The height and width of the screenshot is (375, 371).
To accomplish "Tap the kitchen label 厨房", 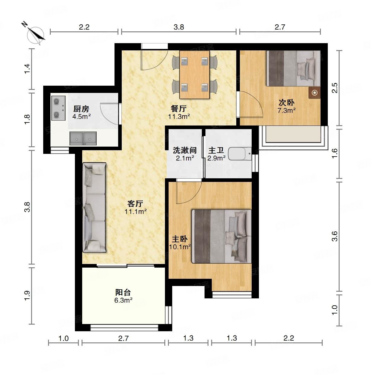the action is (x=81, y=109).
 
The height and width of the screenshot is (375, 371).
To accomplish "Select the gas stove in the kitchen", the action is (x=58, y=108).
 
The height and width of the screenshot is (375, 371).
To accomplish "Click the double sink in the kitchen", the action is (x=83, y=138).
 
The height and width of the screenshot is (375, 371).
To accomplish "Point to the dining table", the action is (x=195, y=75).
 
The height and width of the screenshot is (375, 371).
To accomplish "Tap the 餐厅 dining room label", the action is (x=179, y=108).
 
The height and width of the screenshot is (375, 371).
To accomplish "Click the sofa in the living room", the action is (x=94, y=208).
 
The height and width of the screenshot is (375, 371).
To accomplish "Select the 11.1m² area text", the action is (x=135, y=211).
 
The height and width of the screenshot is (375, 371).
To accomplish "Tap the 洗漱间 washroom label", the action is (x=185, y=150).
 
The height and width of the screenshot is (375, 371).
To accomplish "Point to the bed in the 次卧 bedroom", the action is (x=293, y=68).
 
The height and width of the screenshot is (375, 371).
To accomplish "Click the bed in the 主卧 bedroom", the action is (x=222, y=237).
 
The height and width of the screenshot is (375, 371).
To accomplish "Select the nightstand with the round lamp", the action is (x=315, y=93).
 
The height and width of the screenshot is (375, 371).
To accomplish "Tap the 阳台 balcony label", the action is (x=123, y=292).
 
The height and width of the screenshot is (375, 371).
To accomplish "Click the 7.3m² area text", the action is (x=287, y=110).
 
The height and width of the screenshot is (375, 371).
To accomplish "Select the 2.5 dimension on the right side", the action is (x=334, y=88).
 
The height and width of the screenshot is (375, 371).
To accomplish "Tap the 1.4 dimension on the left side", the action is (x=27, y=69).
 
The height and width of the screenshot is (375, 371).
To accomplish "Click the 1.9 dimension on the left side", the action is (x=27, y=296).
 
